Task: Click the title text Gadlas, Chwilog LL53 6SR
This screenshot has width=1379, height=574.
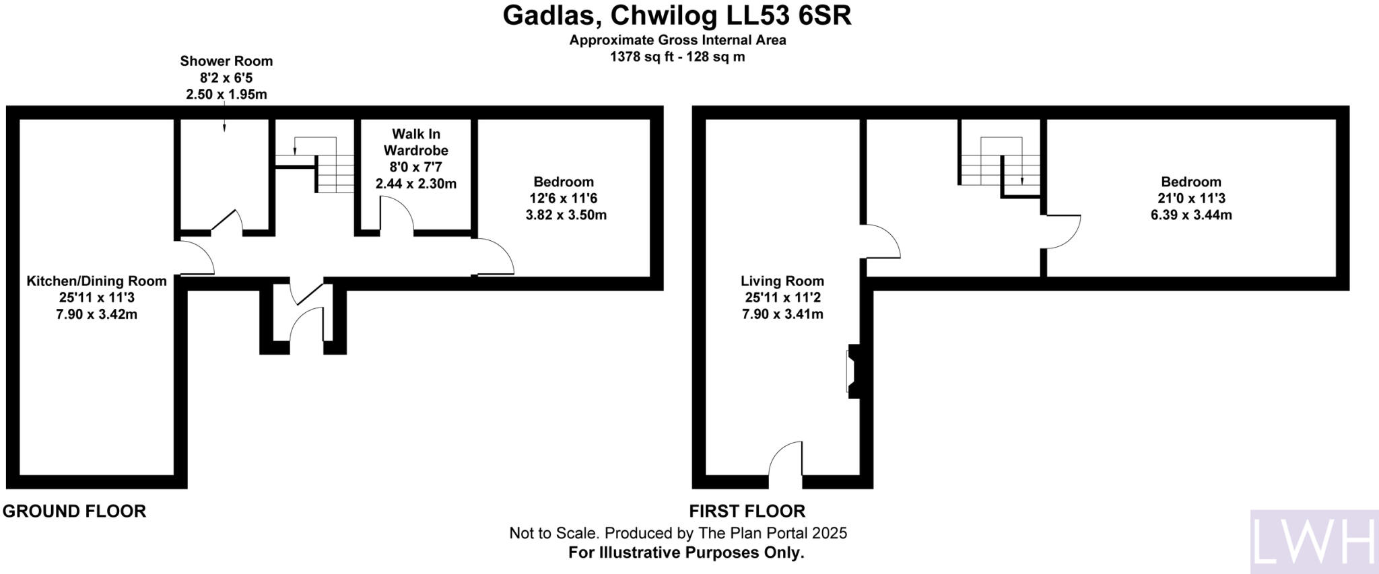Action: click(677, 15)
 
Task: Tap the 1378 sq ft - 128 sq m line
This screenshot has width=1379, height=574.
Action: click(677, 57)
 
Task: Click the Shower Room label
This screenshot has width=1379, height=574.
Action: click(226, 61)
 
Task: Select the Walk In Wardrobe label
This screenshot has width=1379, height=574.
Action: click(415, 142)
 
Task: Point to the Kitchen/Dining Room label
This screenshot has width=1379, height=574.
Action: click(96, 281)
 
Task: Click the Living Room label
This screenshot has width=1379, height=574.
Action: click(782, 281)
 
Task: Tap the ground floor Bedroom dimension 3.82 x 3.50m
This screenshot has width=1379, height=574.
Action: click(566, 215)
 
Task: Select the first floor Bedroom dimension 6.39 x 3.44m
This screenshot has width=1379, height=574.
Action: click(1190, 215)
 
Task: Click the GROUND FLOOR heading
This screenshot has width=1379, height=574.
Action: click(74, 511)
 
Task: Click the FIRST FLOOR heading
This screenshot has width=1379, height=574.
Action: click(747, 511)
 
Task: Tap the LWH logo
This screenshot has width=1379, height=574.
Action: click(1313, 542)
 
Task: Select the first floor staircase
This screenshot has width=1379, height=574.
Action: click(1000, 165)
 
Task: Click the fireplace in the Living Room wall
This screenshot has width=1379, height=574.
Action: click(852, 371)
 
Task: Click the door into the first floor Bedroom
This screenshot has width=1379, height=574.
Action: click(1062, 231)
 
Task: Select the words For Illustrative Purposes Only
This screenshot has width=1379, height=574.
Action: click(686, 553)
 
